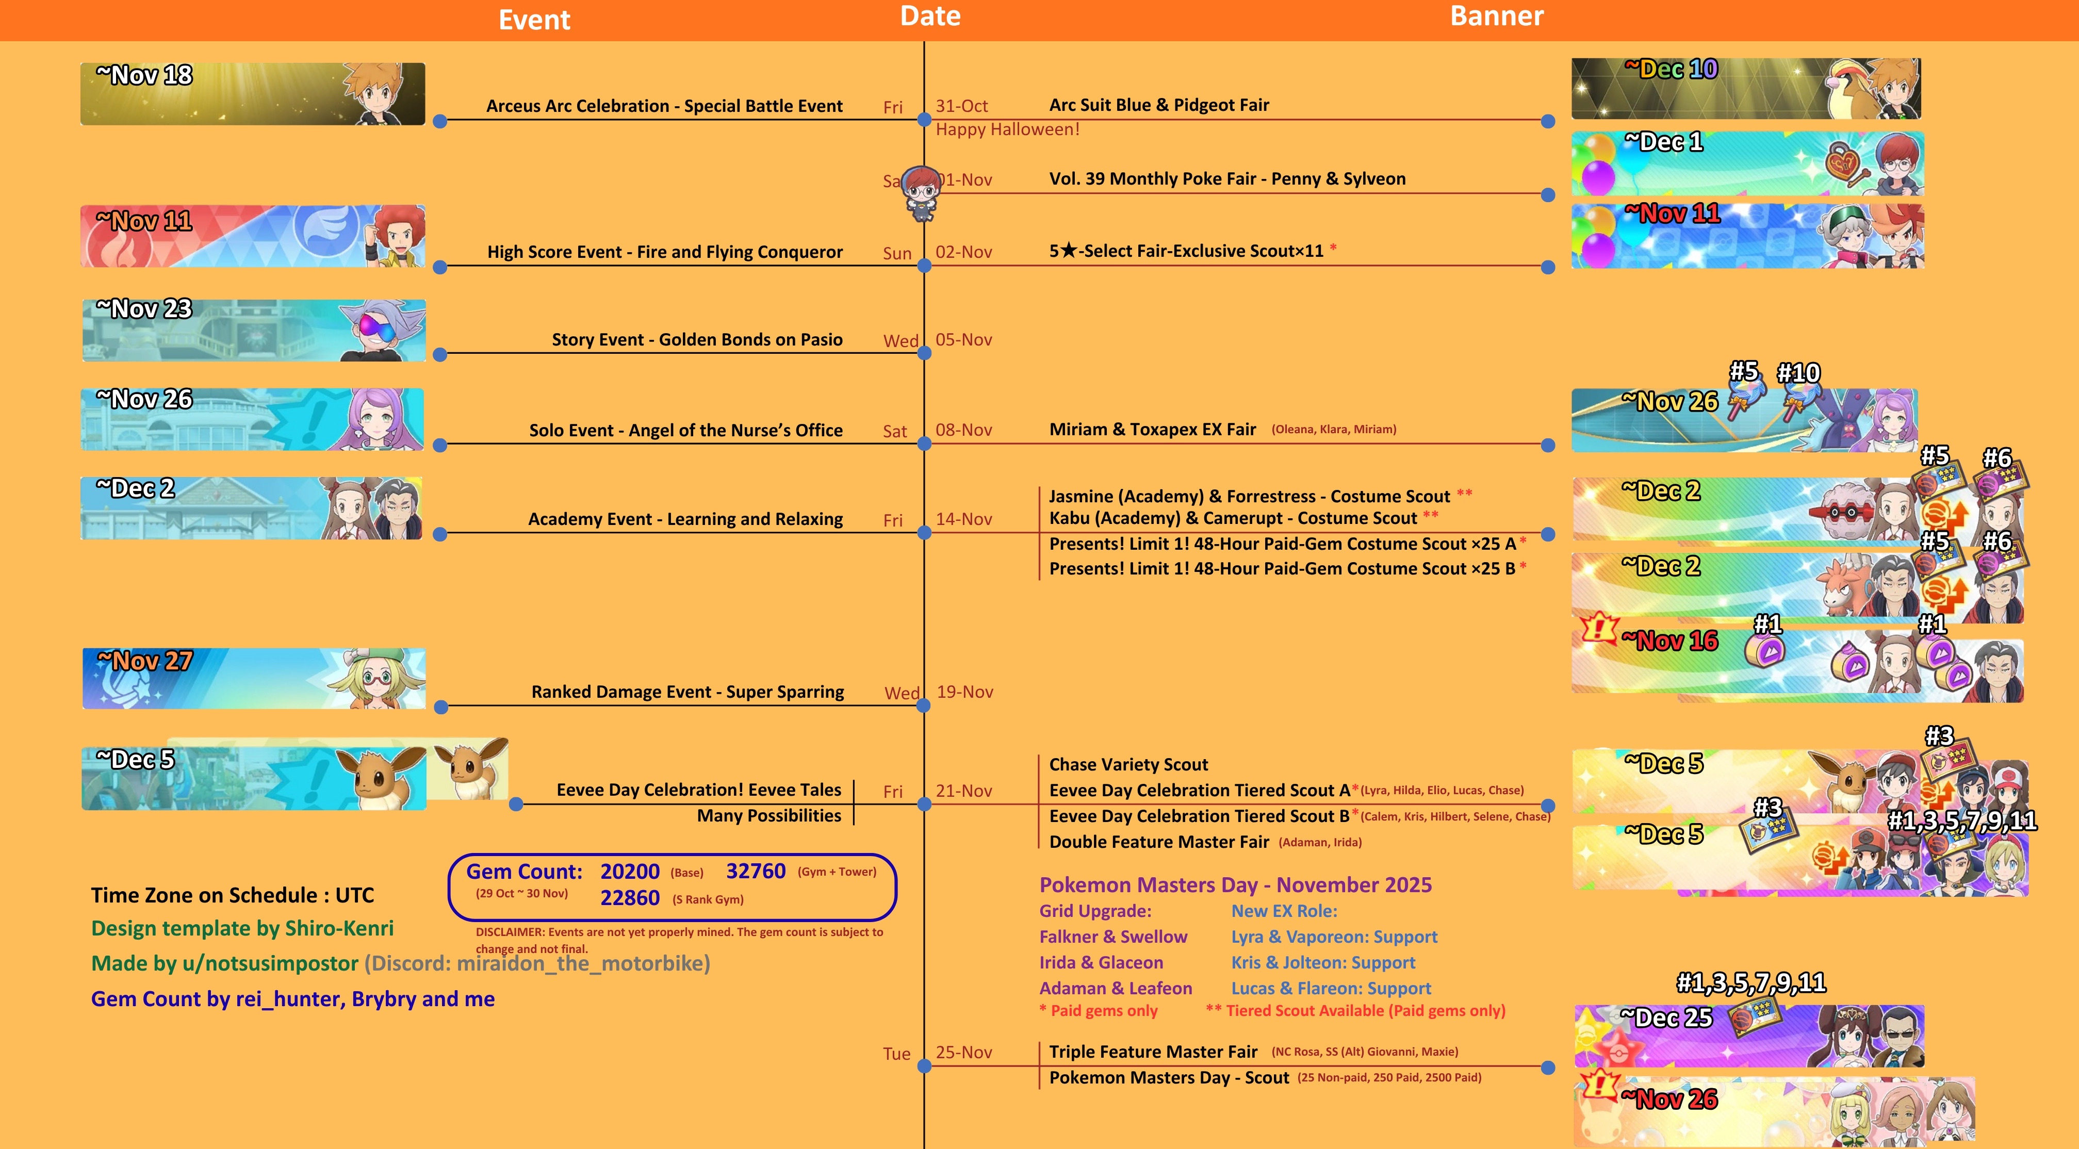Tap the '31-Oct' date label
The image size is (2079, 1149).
961,106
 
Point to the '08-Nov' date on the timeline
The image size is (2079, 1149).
963,430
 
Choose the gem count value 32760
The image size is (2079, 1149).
756,872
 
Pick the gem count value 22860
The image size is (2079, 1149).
630,898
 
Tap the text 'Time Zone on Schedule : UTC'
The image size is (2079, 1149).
233,895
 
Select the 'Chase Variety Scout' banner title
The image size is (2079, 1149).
1128,764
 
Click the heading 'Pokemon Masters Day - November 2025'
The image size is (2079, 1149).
1235,885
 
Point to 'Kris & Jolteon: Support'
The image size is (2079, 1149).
1323,963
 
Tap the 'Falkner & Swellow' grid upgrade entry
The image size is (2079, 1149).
1113,937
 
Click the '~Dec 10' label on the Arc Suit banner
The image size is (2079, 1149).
1671,70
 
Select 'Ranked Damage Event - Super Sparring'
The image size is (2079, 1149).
687,692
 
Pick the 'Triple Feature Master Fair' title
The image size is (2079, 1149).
1153,1052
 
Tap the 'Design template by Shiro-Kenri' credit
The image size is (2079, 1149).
242,929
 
